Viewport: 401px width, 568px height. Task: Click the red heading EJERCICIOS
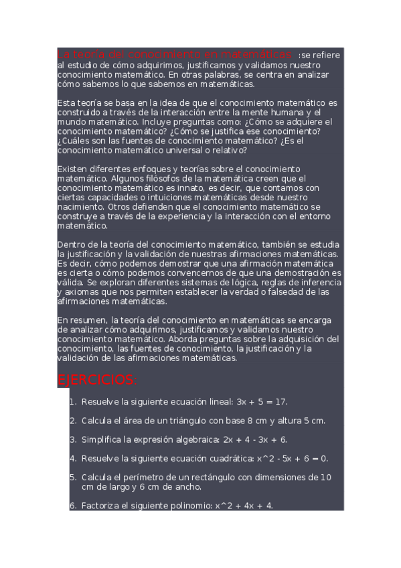98,380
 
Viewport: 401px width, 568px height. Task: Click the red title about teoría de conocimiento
175,54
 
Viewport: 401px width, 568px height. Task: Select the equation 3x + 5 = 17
262,402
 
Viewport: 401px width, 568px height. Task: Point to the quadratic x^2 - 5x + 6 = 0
293,459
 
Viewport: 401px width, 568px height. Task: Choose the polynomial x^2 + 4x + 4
244,506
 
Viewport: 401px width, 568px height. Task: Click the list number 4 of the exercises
73,459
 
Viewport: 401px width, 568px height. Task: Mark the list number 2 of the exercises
73,421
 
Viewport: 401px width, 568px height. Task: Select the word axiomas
75,292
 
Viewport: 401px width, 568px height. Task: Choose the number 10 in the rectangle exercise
325,478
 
